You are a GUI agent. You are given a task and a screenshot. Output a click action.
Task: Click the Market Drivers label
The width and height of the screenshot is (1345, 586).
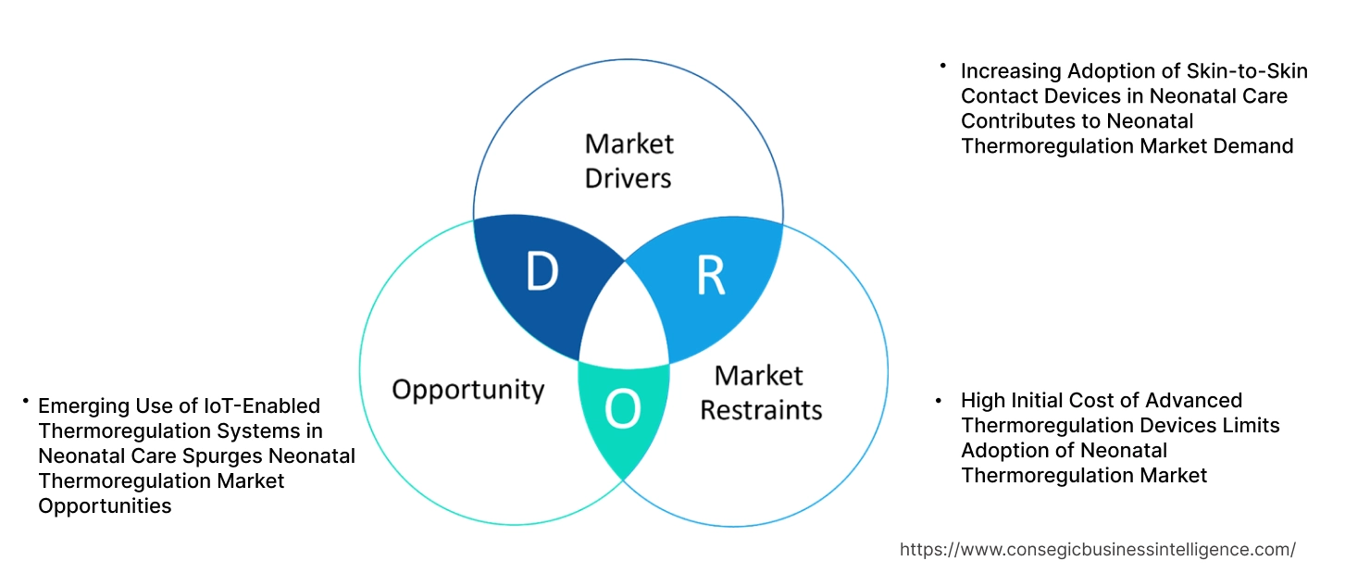629,160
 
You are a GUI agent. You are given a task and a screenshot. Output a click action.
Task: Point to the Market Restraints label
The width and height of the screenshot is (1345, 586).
760,392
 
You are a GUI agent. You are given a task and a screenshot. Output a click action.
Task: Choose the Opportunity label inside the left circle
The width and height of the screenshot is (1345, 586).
467,389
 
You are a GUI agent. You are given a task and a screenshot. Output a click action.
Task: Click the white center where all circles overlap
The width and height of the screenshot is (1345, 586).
626,319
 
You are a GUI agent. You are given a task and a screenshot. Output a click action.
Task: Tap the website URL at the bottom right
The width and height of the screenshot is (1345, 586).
1097,549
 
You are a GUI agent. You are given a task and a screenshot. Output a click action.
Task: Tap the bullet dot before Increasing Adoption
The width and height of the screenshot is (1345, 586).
942,66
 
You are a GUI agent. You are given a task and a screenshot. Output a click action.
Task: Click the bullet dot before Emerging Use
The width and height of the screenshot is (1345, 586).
26,401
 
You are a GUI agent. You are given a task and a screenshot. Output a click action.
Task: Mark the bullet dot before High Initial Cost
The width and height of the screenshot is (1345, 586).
940,401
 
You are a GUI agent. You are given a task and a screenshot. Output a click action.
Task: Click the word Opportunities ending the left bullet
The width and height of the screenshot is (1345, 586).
105,505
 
